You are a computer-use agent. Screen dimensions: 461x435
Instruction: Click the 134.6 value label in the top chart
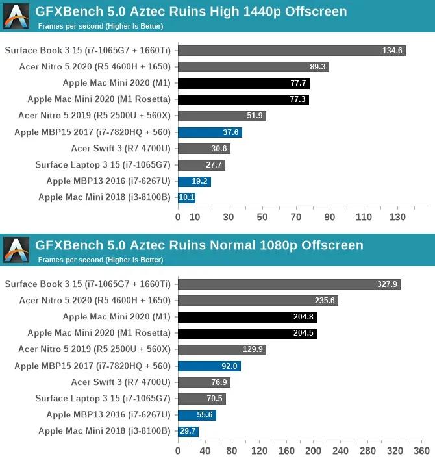point(392,51)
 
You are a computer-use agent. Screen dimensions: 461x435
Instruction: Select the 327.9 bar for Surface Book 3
point(288,284)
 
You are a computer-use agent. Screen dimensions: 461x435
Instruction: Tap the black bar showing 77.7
point(243,83)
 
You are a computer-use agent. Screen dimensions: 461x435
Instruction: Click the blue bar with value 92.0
point(208,366)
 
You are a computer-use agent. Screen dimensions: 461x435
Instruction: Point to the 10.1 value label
point(186,197)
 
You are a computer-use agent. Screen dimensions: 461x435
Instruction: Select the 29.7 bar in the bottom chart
point(188,431)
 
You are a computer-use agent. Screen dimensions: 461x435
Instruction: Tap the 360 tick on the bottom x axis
point(422,450)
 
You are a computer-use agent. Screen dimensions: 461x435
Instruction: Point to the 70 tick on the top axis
point(296,216)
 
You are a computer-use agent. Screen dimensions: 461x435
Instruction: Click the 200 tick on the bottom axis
point(314,450)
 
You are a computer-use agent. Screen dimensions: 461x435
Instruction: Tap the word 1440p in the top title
point(269,12)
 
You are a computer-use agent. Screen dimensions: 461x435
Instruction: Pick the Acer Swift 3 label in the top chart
point(121,149)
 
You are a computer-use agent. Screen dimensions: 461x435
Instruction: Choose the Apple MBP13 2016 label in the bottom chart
point(108,415)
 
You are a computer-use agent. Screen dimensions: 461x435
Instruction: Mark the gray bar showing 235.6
point(258,301)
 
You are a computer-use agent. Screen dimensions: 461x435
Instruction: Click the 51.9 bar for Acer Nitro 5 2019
point(221,116)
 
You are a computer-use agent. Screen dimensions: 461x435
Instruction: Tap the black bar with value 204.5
point(247,333)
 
